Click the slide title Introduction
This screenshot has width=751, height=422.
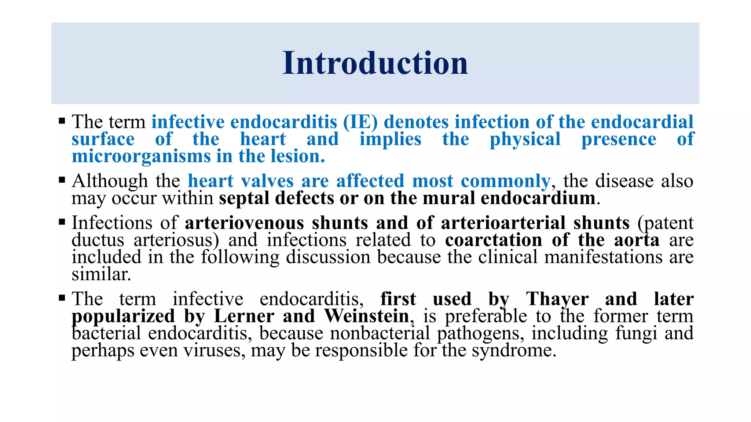375,63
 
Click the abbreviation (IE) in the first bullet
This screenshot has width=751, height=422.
360,122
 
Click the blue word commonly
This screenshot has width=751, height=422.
505,181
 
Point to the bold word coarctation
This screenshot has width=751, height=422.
494,240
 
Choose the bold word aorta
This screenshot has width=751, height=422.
637,240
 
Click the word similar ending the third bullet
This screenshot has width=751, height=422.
101,274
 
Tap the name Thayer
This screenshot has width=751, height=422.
557,299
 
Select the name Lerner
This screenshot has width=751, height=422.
244,316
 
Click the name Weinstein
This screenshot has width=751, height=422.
367,316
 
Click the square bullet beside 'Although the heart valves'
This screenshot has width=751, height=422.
62,180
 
